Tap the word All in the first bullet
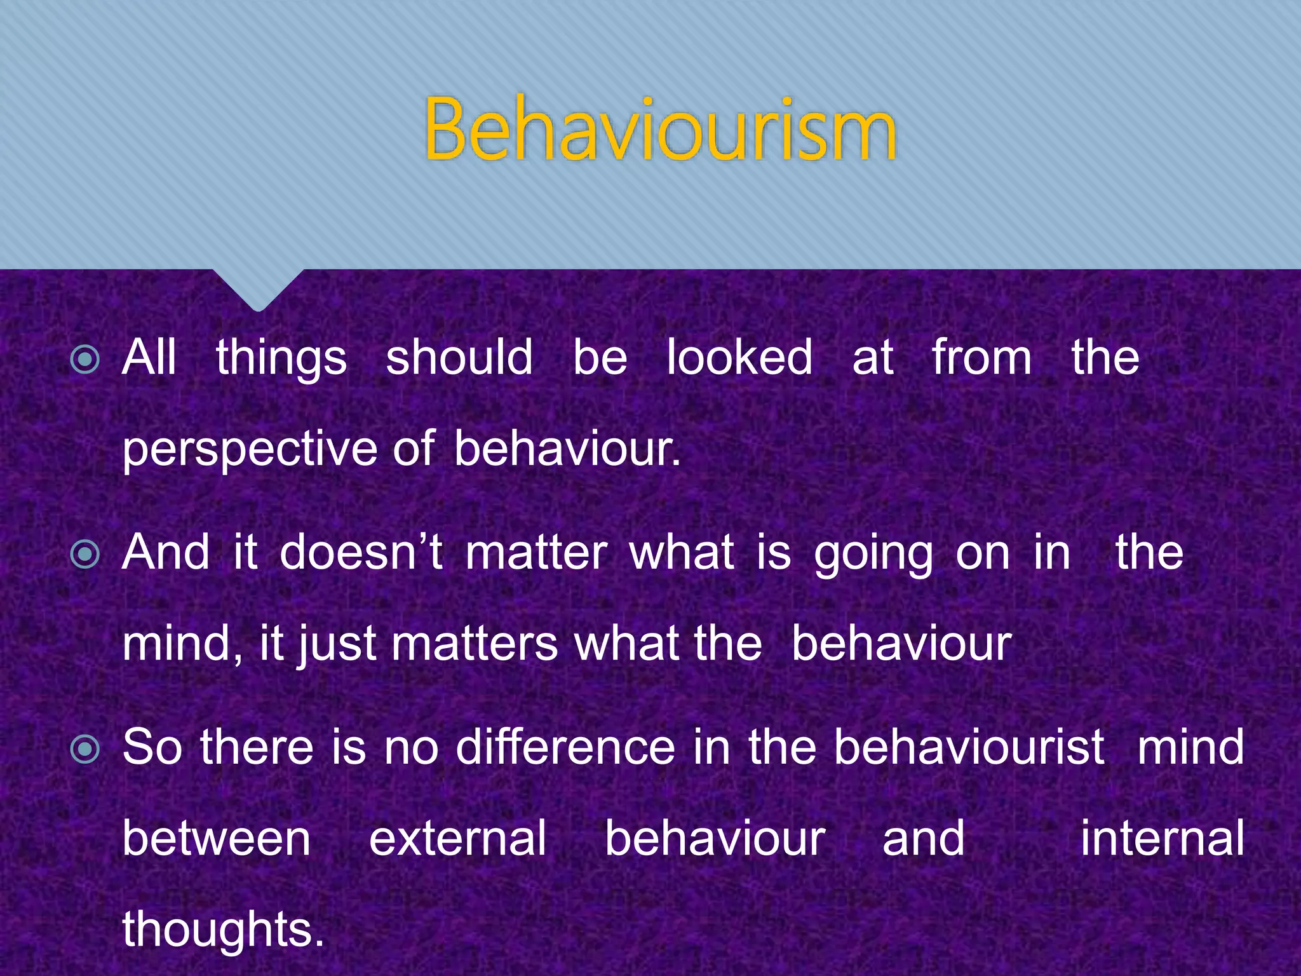pos(149,357)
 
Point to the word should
pos(459,357)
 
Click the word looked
pos(739,357)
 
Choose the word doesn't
pos(361,552)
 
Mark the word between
pos(217,839)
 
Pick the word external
pos(457,839)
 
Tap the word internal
pos(1162,839)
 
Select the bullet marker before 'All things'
pos(86,360)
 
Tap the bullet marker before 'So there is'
pos(86,749)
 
